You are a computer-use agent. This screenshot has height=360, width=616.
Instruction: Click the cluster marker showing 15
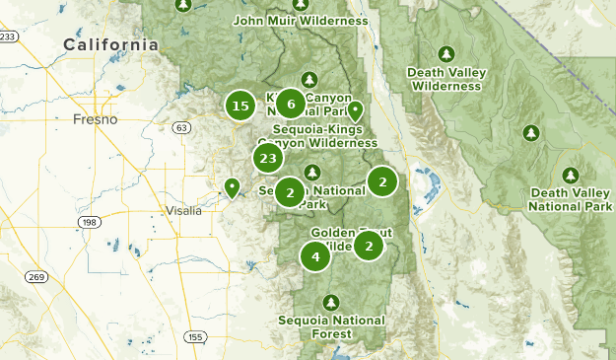(240, 106)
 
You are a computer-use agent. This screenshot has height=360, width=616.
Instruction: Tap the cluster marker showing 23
(267, 158)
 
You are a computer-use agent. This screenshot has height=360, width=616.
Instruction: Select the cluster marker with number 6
(290, 103)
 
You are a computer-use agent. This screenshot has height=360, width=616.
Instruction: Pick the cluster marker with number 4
(315, 257)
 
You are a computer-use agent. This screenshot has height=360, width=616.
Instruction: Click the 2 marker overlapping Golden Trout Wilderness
(368, 245)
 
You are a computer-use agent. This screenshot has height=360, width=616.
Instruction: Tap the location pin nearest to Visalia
(232, 186)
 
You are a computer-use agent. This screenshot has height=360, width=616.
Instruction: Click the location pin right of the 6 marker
(355, 110)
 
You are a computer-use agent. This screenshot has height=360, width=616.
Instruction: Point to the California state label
(110, 44)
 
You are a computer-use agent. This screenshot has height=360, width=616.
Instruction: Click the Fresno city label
(95, 119)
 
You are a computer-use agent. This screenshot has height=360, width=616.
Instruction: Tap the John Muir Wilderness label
(301, 20)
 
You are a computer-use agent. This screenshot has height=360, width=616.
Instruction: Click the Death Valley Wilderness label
(446, 79)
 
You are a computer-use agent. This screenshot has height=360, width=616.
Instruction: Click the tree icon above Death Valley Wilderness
(446, 53)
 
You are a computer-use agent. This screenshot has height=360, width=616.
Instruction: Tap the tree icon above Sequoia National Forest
(331, 301)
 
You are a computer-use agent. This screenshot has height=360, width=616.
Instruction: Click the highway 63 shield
(181, 127)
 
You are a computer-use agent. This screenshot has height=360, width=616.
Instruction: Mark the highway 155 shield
(195, 337)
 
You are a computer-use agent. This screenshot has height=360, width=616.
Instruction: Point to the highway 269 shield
(37, 276)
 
